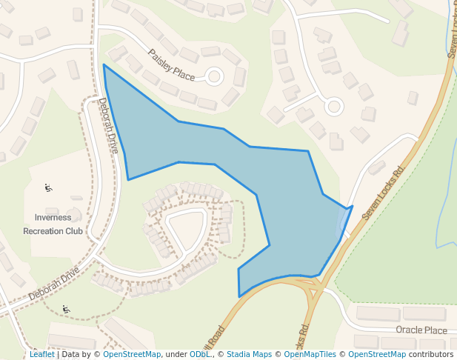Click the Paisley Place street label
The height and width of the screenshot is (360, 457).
pyautogui.click(x=171, y=64)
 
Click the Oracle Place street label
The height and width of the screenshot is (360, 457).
pyautogui.click(x=421, y=330)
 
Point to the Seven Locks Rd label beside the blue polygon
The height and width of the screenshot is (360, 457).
pyautogui.click(x=386, y=191)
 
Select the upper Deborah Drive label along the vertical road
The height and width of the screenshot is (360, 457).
pyautogui.click(x=108, y=126)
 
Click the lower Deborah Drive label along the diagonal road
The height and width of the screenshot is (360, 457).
pyautogui.click(x=54, y=283)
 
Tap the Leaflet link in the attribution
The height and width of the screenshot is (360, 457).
pyautogui.click(x=41, y=355)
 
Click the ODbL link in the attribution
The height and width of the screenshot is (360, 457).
pyautogui.click(x=199, y=355)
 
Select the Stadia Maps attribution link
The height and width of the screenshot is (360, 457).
pyautogui.click(x=249, y=355)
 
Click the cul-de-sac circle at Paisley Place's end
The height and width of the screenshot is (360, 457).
pyautogui.click(x=215, y=76)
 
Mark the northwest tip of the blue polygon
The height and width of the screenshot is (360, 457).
pyautogui.click(x=104, y=65)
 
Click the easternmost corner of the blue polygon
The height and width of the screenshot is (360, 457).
pyautogui.click(x=352, y=207)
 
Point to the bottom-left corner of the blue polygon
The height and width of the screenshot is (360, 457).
pyautogui.click(x=239, y=296)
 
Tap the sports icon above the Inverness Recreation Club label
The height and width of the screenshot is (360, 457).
pyautogui.click(x=49, y=187)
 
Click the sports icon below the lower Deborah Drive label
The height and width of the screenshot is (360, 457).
pyautogui.click(x=66, y=309)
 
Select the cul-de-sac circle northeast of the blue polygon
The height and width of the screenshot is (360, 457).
pyautogui.click(x=333, y=107)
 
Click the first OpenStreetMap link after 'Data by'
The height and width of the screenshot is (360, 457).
pyautogui.click(x=132, y=355)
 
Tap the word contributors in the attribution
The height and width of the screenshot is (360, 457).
pyautogui.click(x=430, y=355)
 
